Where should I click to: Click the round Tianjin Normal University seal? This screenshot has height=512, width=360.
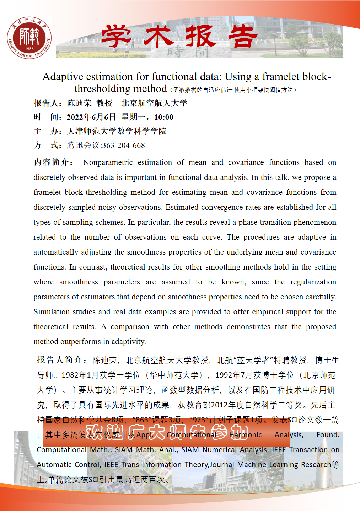click(29, 37)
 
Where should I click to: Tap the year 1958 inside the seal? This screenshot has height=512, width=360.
click(29, 49)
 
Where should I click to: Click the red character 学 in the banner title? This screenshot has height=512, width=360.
click(117, 36)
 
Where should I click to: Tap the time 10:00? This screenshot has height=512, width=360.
click(163, 117)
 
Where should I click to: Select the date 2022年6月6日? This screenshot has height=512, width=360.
click(91, 117)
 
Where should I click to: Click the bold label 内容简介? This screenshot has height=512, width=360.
click(52, 162)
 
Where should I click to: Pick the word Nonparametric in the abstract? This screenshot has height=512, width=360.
click(108, 162)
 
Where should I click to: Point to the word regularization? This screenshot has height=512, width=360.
click(313, 282)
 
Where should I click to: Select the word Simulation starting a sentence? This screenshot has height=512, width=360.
click(52, 312)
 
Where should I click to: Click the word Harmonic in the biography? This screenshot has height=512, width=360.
click(245, 435)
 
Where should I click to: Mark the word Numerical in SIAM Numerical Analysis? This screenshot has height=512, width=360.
click(220, 450)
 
